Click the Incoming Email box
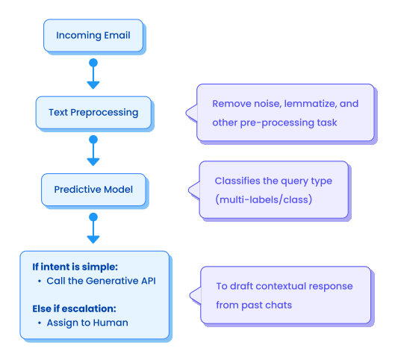coord(93,35)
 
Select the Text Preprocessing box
coord(93,112)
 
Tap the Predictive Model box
coord(93,190)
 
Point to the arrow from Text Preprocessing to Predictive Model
coord(93,150)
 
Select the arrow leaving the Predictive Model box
coord(93,228)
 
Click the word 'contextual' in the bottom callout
coord(282,286)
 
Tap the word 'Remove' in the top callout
coord(231,104)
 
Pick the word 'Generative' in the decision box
coord(113,281)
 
